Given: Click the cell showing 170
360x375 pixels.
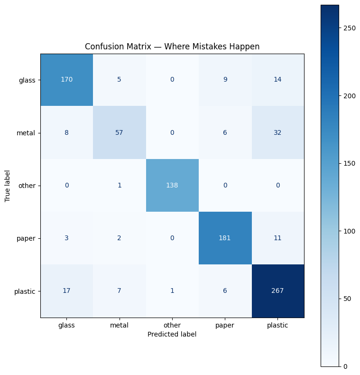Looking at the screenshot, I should pos(67,80).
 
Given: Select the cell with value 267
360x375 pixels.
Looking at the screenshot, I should pos(278,291).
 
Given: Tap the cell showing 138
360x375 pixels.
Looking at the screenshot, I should pos(172,185).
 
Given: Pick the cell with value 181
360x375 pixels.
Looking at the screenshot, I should pos(225,238).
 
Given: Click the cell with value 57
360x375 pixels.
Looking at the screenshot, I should pos(120,132).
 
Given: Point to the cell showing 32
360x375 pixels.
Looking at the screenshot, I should pos(278,132).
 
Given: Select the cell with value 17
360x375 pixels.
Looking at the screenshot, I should pos(67,291).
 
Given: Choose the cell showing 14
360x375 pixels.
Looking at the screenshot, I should pos(278,80).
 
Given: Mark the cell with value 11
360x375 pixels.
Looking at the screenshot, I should pos(278,238).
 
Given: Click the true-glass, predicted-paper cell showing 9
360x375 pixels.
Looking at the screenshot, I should pos(225,80).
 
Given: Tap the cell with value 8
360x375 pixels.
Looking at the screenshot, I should pos(67,132).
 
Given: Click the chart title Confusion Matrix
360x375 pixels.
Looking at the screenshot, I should pos(172,47).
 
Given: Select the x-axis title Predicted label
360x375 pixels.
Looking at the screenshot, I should pos(172,334).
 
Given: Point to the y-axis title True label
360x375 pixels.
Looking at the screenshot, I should pos(8,185).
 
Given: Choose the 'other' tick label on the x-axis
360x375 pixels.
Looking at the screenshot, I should pos(172,325).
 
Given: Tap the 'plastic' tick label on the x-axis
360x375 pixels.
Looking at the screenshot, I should pos(278,325).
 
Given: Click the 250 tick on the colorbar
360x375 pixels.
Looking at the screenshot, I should pos(350,28).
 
